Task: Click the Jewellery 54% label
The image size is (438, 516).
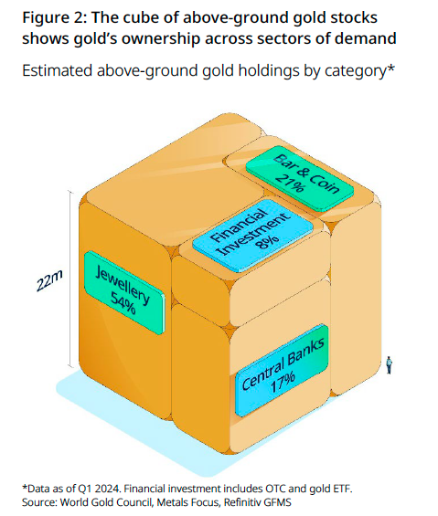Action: tap(124, 292)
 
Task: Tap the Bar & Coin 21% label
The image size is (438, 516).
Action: tap(300, 178)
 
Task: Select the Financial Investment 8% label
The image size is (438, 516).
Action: tap(252, 236)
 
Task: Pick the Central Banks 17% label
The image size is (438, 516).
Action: tap(282, 370)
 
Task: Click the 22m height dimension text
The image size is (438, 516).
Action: tap(49, 280)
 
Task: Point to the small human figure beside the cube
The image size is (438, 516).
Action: tap(390, 365)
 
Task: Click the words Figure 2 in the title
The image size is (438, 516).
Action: tap(54, 17)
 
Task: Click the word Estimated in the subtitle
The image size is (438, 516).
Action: tap(57, 70)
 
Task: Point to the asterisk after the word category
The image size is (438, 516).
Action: tap(390, 67)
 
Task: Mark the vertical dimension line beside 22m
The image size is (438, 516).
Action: tap(70, 279)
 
